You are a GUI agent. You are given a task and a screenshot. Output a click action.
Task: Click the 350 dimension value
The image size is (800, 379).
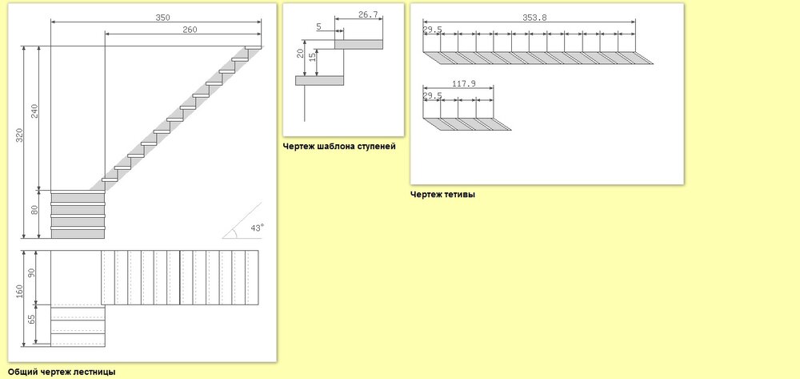(162, 18)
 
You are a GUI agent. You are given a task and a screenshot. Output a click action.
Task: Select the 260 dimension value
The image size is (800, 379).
(190, 30)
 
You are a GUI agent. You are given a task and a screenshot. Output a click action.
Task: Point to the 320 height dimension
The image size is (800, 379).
(19, 135)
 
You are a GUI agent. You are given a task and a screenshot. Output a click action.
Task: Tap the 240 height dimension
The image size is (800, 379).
(34, 111)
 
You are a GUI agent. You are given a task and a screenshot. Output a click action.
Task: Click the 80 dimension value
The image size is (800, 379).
(34, 209)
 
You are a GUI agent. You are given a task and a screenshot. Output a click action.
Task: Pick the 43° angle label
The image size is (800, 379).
(257, 228)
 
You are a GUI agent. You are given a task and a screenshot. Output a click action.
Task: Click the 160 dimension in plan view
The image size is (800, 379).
(19, 291)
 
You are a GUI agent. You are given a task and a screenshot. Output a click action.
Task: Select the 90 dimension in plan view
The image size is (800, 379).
(32, 272)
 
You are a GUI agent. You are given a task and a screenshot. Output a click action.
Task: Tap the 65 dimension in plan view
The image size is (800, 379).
(32, 319)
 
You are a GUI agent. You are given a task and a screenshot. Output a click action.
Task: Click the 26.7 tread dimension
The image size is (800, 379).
(368, 14)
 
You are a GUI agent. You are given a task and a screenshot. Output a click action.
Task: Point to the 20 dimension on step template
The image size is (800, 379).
(301, 52)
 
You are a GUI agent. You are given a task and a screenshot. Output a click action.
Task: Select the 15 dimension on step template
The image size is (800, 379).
(313, 57)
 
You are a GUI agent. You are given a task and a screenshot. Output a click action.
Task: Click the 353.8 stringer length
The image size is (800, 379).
(534, 18)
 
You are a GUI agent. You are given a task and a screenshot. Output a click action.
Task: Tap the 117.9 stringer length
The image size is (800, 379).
(464, 84)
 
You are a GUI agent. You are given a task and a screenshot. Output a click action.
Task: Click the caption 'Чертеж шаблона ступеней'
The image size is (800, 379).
(339, 147)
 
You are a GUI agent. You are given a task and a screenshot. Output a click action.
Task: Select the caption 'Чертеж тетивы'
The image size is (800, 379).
(443, 194)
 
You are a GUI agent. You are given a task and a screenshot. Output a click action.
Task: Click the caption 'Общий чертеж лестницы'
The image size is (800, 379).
(62, 372)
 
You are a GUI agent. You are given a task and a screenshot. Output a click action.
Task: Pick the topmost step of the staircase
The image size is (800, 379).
(253, 47)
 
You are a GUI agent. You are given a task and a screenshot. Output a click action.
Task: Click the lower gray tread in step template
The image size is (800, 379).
(319, 81)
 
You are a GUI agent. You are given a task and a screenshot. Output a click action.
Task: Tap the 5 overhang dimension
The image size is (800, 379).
(319, 26)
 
